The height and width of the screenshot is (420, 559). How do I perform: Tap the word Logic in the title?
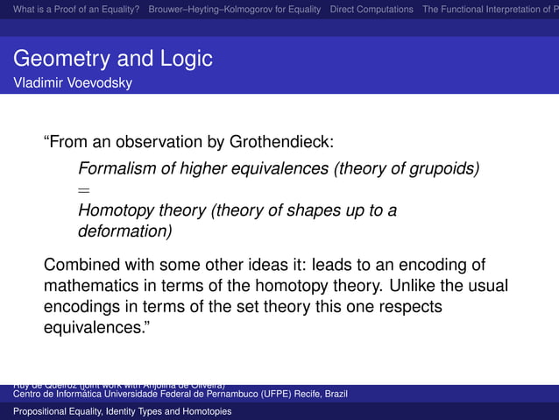pyautogui.click(x=183, y=60)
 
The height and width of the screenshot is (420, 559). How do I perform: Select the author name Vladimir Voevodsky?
pyautogui.click(x=72, y=83)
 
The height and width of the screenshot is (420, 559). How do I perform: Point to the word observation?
pyautogui.click(x=162, y=142)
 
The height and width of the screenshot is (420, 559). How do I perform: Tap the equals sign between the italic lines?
pyautogui.click(x=84, y=189)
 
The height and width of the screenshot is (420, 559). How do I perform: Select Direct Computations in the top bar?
pyautogui.click(x=371, y=10)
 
